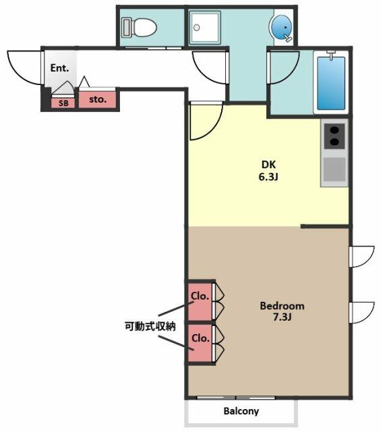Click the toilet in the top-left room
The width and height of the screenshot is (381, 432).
tap(139, 27)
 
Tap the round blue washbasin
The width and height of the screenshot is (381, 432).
tap(281, 27)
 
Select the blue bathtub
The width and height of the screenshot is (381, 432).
tap(331, 83)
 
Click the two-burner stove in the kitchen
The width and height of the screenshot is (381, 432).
tap(334, 136)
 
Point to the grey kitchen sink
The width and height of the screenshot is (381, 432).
tap(334, 169)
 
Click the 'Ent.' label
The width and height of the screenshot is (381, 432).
tap(59, 68)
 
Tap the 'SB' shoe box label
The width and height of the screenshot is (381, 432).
tap(63, 103)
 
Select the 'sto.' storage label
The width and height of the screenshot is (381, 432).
tap(98, 99)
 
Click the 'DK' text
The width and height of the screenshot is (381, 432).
tap(268, 165)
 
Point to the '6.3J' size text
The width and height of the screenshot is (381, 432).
tap(268, 177)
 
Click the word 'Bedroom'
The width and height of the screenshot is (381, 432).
tap(282, 306)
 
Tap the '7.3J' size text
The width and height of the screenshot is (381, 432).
tap(282, 317)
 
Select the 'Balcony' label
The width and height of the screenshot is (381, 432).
tap(241, 411)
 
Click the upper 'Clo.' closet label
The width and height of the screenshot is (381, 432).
tap(200, 296)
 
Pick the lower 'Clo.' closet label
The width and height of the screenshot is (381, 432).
tap(201, 338)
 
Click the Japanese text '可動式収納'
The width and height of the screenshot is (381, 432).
tap(150, 327)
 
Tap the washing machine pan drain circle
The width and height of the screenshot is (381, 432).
tap(196, 28)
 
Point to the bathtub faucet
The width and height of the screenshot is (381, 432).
tap(331, 55)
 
